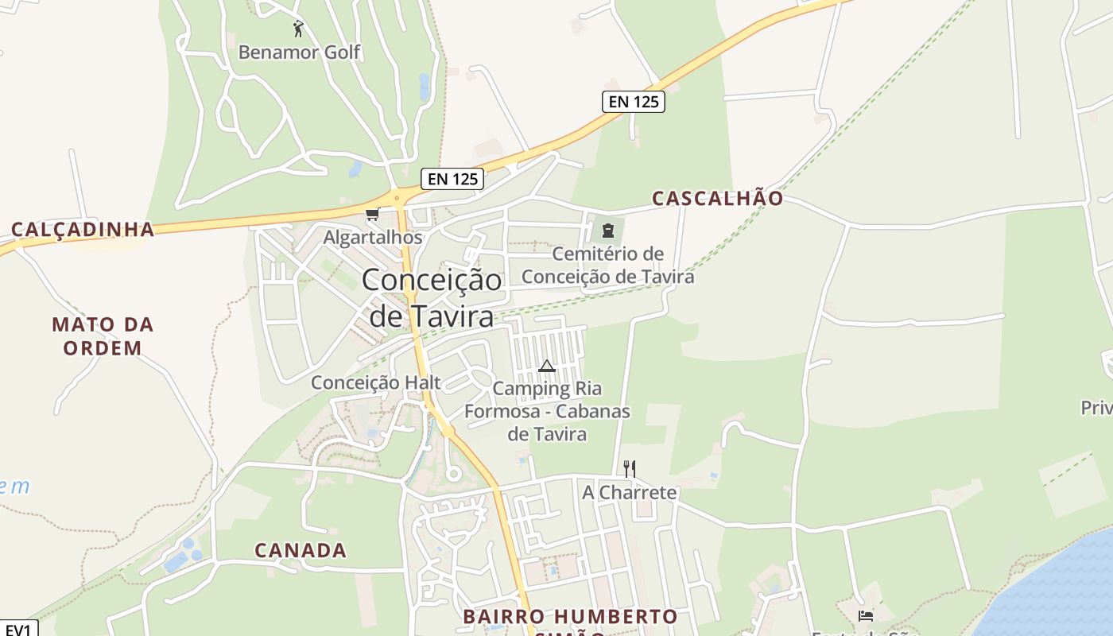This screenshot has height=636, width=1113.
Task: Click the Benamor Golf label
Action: pos(299,52)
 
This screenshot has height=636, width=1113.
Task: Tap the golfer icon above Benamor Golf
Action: pos(298,29)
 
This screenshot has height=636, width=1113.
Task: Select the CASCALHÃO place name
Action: pos(717,198)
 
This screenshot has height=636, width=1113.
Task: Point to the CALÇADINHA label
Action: pos(83,230)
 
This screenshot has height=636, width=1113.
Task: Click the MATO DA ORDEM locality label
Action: pos(103,336)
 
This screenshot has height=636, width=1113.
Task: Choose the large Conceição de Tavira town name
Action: pos(432,298)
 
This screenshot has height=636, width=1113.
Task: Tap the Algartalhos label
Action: pos(372,237)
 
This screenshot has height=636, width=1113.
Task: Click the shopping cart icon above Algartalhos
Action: pos(371,214)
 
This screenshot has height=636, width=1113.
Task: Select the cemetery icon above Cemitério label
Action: pos(608,231)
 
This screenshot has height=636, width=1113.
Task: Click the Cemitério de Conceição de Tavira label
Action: pos(608,265)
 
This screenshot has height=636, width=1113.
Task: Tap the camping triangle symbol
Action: pos(546,366)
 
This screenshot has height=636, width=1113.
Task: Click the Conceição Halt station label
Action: pos(375,382)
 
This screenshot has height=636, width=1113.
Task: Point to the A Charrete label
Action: pos(630,492)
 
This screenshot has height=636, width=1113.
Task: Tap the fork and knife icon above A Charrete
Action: pos(630,468)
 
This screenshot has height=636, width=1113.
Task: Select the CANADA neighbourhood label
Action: pos(301,550)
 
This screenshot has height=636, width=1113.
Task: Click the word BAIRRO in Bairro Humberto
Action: pos(504,617)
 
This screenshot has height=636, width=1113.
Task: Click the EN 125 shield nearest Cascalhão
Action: pos(633,102)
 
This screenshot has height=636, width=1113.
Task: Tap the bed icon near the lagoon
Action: pos(866,615)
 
